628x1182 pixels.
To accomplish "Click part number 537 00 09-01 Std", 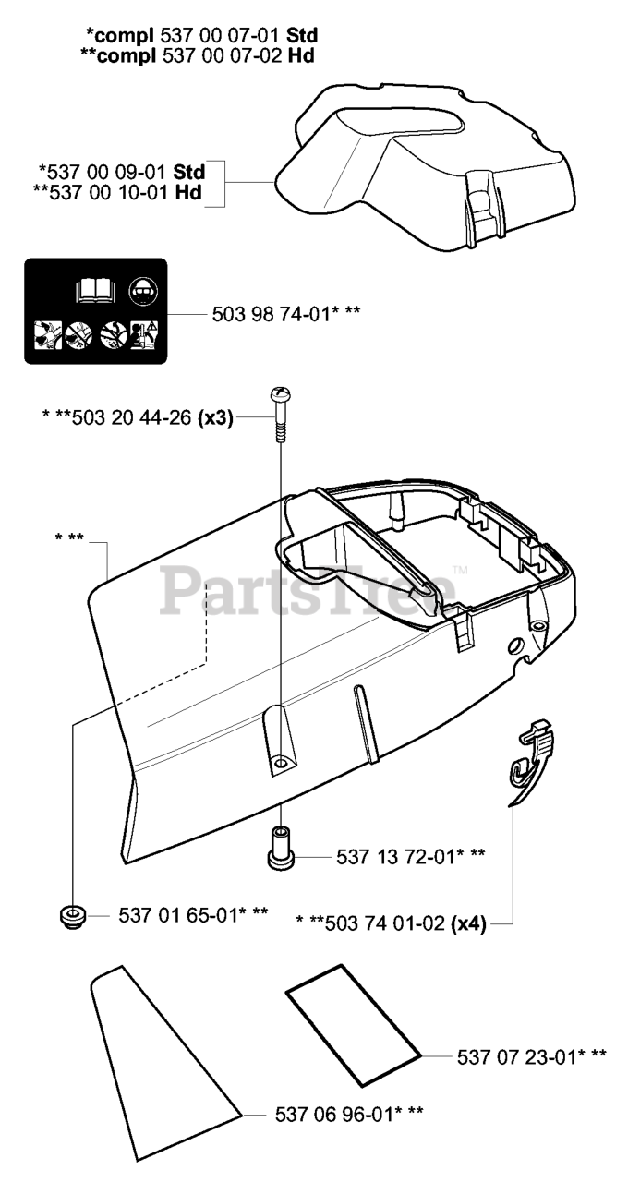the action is pos(123,173).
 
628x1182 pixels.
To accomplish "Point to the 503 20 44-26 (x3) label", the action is pos(138,418).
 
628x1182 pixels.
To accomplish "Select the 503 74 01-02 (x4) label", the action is pos(391,923).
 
